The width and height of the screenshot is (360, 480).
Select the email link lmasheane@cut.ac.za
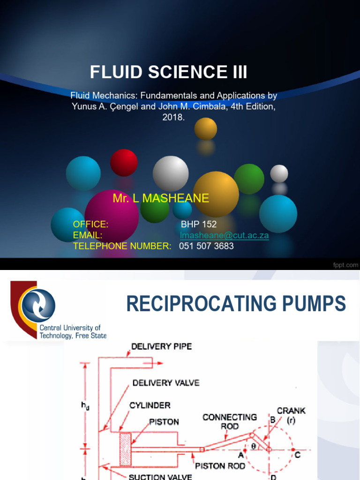click(x=225, y=235)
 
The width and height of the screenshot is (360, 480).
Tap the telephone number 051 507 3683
click(x=206, y=246)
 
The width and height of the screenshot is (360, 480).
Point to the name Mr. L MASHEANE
click(x=161, y=198)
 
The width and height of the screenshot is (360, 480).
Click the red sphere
click(x=124, y=163)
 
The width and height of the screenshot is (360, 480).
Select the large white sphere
click(x=171, y=173)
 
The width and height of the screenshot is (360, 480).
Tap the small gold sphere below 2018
click(x=206, y=128)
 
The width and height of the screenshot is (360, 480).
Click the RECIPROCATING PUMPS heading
click(x=236, y=304)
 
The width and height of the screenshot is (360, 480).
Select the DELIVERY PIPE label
click(x=161, y=347)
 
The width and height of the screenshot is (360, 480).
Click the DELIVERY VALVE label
click(x=166, y=383)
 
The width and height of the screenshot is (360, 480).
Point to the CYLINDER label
click(x=150, y=405)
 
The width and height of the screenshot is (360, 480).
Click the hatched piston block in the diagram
click(x=125, y=449)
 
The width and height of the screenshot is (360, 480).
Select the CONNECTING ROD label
click(x=230, y=421)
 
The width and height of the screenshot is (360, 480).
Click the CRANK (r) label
click(x=291, y=415)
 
